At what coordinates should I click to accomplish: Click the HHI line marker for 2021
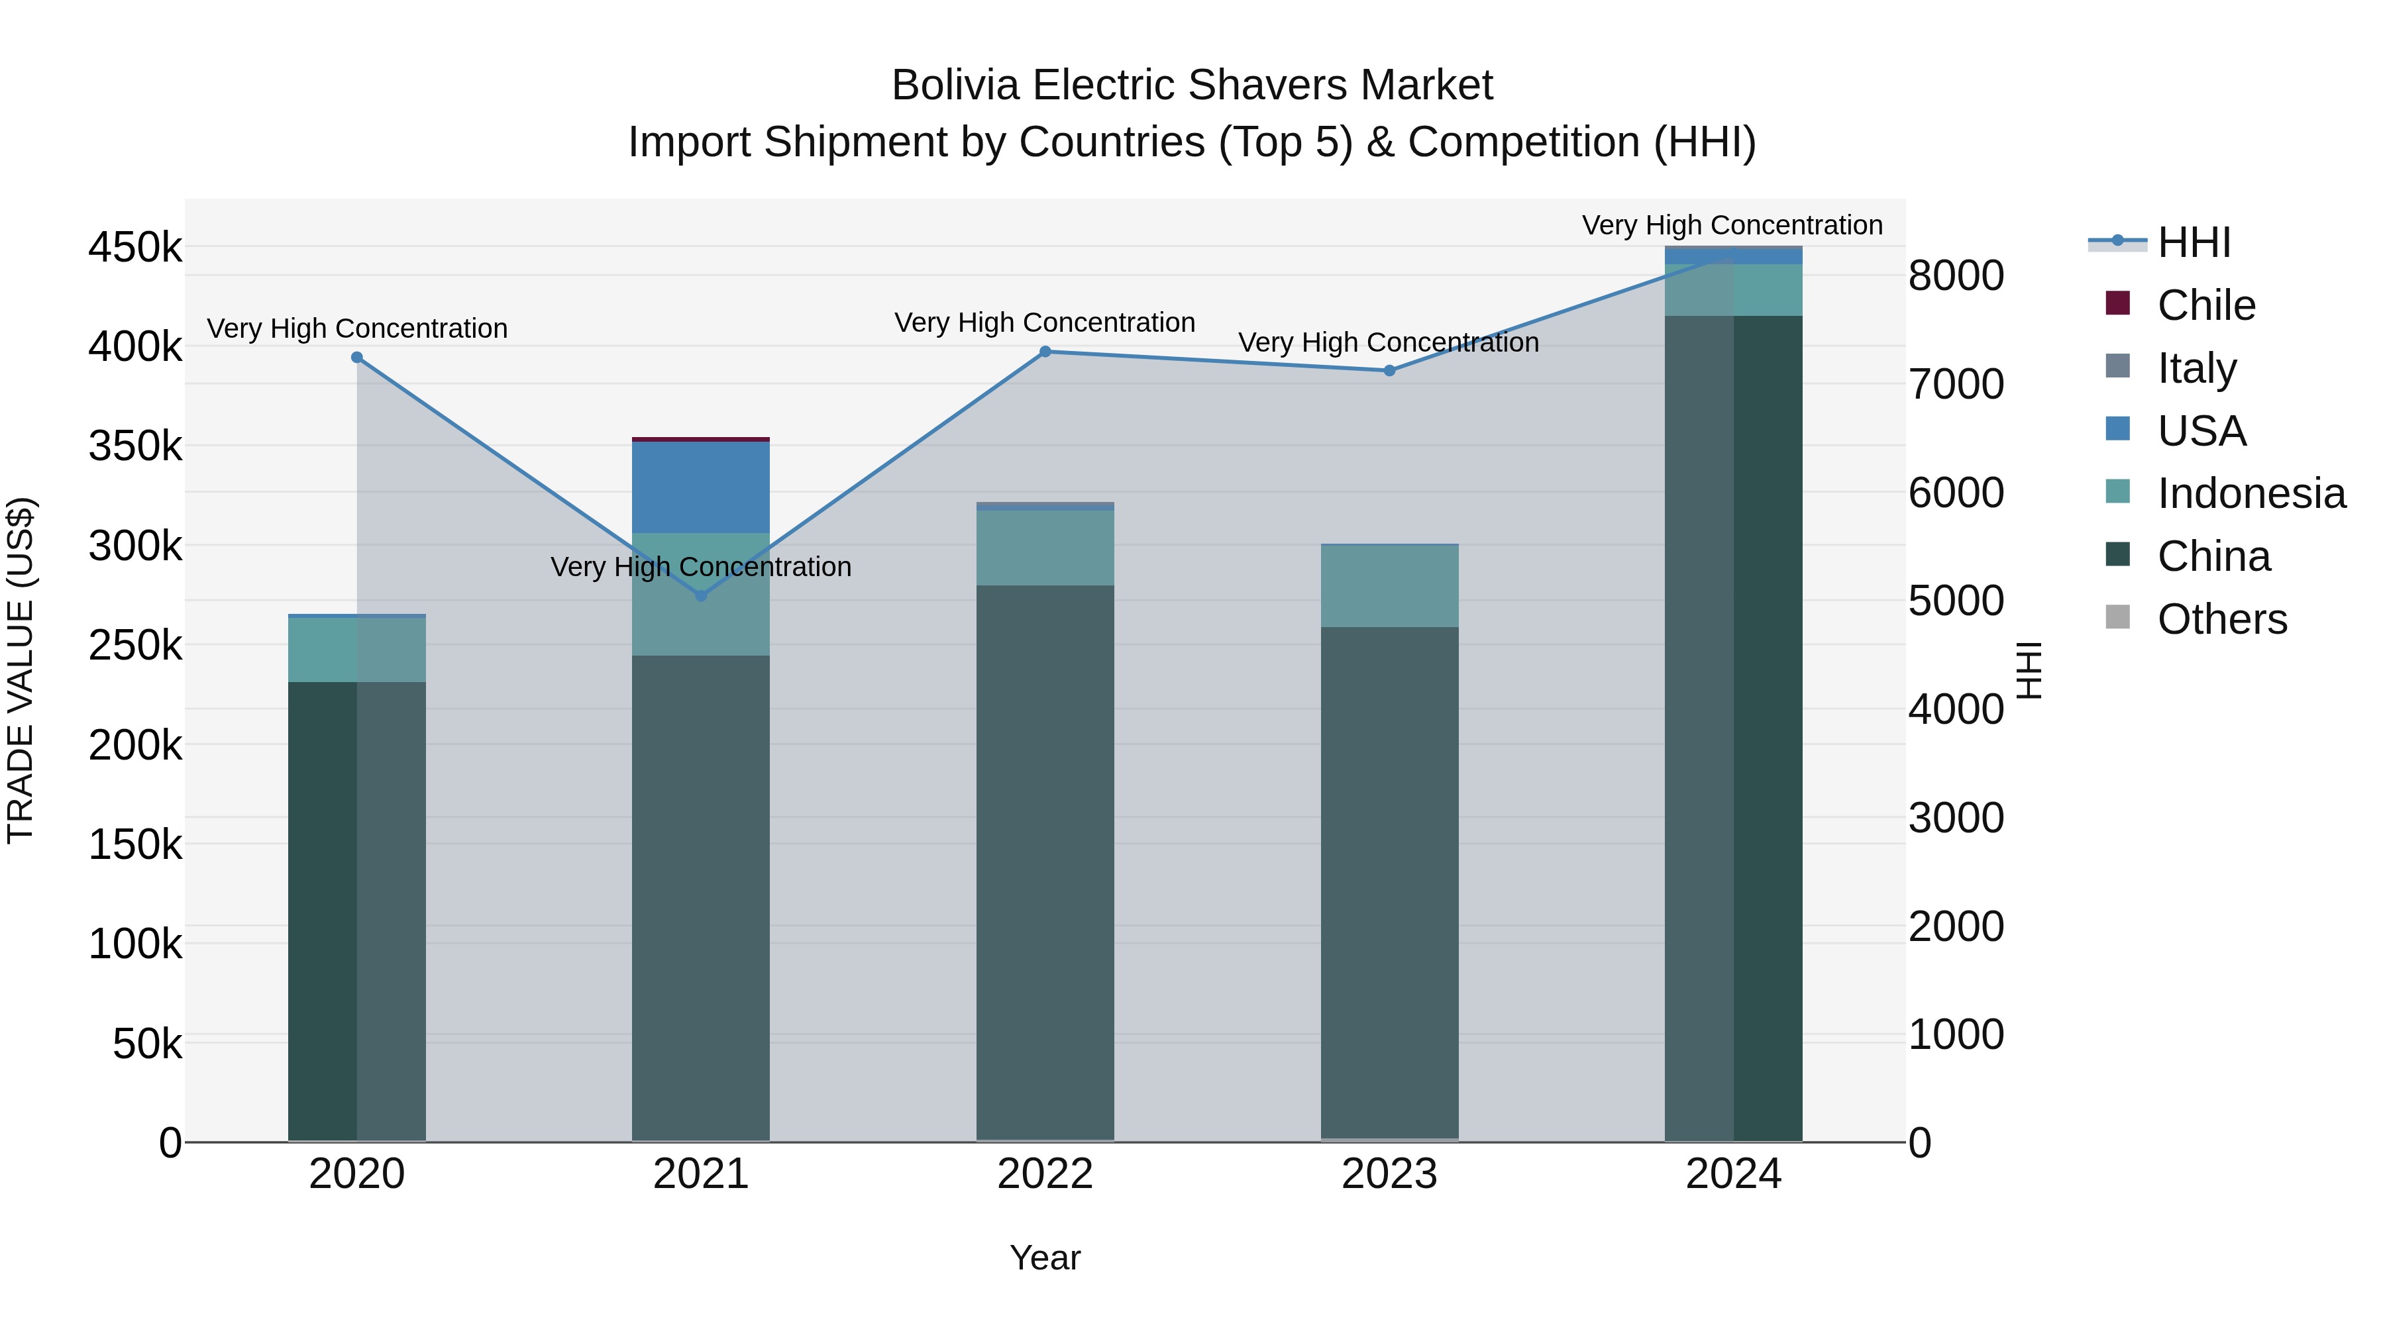point(701,596)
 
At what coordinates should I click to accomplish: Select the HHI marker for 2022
point(1045,352)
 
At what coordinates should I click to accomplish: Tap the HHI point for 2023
point(1389,371)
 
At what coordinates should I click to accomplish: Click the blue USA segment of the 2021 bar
point(701,487)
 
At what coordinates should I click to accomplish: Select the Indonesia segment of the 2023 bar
point(1389,586)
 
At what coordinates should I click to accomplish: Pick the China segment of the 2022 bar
point(1045,861)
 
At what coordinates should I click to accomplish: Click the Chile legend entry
point(2205,305)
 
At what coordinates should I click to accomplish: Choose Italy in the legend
point(2196,368)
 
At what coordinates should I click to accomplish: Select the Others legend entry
point(2221,619)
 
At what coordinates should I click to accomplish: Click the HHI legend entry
point(2194,242)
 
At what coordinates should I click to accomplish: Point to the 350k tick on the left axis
point(135,447)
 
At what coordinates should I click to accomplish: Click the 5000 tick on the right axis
point(1956,601)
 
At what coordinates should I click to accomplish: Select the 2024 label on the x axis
point(1733,1174)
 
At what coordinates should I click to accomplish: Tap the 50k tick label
point(147,1044)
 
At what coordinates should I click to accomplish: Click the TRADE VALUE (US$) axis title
point(21,670)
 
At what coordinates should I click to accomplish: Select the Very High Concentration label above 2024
point(1732,226)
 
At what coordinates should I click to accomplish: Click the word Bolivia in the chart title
point(955,86)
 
